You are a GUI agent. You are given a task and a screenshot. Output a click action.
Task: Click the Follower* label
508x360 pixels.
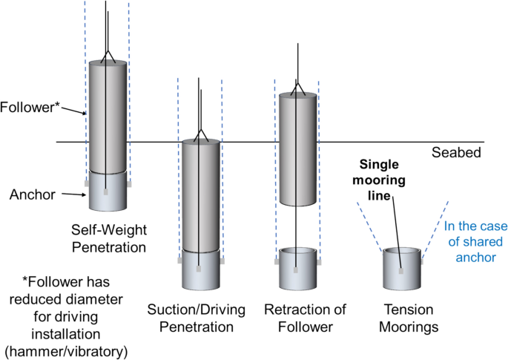point(30,105)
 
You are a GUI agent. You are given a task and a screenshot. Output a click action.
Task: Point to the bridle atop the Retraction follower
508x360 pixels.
point(298,88)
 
